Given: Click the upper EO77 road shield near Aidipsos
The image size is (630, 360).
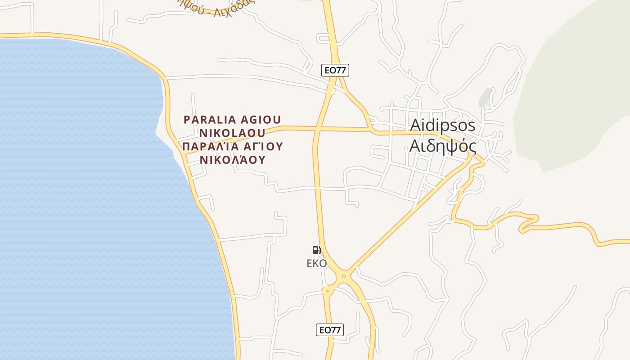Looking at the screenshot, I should click(336, 70).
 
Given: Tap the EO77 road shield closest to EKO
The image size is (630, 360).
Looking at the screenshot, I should click(330, 330).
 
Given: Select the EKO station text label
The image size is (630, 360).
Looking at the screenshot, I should click(316, 264).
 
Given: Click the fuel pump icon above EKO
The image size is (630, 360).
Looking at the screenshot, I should click(316, 250).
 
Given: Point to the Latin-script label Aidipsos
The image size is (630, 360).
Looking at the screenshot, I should click(443, 126).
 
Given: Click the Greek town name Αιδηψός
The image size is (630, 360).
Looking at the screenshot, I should click(443, 146).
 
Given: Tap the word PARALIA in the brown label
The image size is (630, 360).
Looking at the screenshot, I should click(210, 120).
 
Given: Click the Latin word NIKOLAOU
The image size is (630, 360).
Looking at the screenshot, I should click(232, 133).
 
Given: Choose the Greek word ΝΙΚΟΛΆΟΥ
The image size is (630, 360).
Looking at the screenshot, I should click(233, 160).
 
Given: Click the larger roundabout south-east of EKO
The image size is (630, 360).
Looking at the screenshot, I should click(344, 276).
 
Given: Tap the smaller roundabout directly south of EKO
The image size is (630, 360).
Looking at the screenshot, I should click(327, 291).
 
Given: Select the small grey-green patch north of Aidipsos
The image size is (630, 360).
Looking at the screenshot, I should click(485, 97).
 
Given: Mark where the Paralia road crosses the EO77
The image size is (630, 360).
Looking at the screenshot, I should click(317, 129).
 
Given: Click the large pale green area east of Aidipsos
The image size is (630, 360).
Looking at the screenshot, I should click(571, 90).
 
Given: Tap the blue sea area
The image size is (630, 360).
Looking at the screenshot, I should click(90, 202).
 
